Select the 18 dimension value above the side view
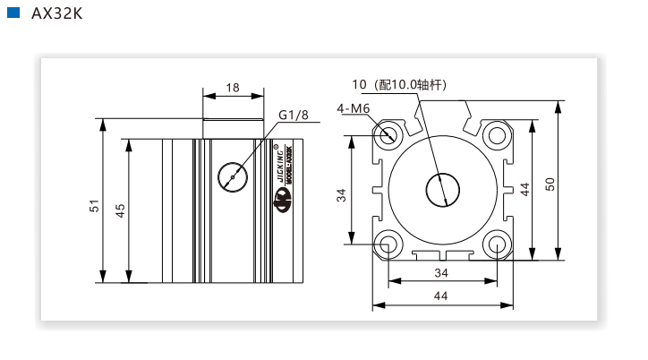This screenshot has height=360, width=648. coord(233,88)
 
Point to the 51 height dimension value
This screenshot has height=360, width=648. coord(94,205)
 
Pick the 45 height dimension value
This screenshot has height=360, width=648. coord(120,209)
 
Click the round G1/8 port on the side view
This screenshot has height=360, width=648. coord(233,176)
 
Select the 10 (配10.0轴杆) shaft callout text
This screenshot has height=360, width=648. coord(399,85)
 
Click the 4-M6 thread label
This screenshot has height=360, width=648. coord(354,108)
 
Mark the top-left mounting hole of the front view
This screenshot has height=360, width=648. coord(389,136)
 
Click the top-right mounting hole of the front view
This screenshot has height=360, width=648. coord(496,136)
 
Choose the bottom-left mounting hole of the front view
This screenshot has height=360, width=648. coord(389,243)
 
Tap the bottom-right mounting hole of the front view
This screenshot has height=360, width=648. coord(496,243)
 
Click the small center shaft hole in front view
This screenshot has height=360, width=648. coord(441,189)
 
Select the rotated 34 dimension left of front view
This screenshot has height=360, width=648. coord(341,194)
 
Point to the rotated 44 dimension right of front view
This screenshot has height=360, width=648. coord(525,188)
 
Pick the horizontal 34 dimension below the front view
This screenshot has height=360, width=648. coord(441,272)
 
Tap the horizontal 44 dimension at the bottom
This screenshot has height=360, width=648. coord(441,296)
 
